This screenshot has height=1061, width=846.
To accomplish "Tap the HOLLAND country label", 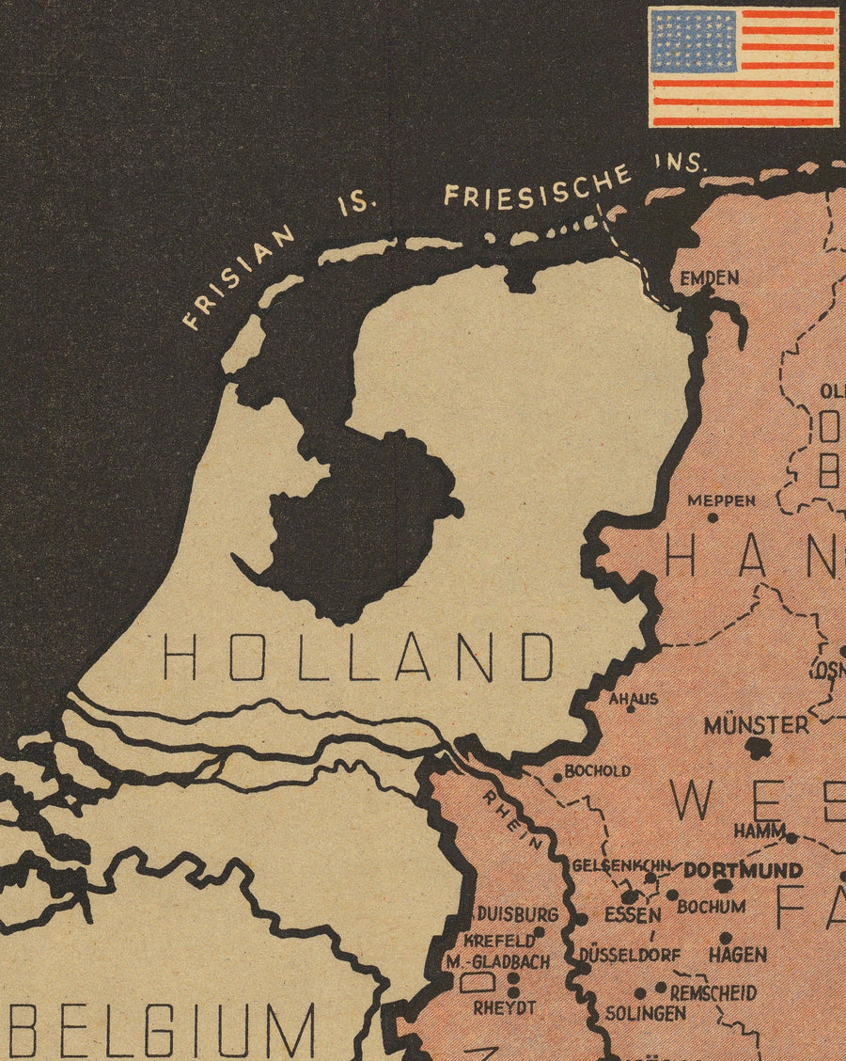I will tap(358, 657).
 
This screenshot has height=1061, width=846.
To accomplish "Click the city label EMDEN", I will tap(710, 278).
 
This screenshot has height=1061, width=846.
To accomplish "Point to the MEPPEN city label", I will tap(721, 500).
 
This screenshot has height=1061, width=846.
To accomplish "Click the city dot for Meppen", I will tap(713, 517).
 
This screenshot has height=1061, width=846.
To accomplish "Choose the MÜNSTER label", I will tap(756, 725).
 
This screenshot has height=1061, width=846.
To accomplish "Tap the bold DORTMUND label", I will tap(743, 870).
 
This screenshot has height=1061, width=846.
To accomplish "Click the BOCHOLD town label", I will tap(597, 771).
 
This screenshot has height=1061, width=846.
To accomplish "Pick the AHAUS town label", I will tap(634, 699).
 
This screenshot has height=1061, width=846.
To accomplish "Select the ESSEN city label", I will tap(632, 914).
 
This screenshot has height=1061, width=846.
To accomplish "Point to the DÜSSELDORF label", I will tap(630, 955).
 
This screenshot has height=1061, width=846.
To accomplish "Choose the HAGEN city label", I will tap(737, 955).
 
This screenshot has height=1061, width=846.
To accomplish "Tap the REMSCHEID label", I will tap(713, 992).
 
